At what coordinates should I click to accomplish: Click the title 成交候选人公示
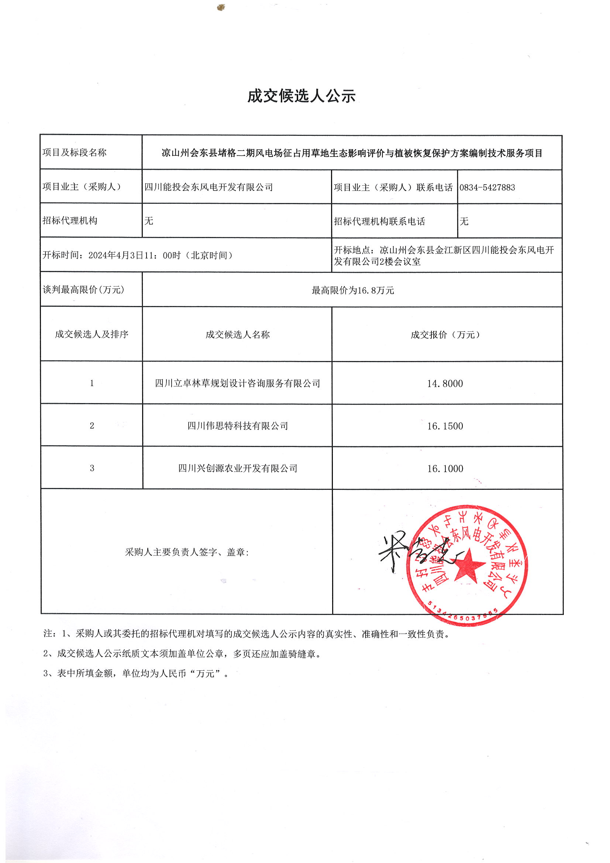click(301, 96)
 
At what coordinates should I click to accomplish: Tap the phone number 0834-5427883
click(487, 187)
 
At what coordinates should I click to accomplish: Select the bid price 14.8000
click(445, 384)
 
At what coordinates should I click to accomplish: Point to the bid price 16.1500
click(445, 426)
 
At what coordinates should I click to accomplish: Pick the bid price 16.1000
click(445, 468)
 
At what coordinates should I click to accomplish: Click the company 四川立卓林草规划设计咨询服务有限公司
click(238, 384)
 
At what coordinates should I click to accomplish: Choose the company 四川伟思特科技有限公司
click(238, 426)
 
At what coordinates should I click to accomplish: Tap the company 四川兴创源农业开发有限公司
click(238, 468)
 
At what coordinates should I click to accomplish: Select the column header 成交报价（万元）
click(445, 334)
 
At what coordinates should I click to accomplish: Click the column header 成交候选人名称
click(238, 334)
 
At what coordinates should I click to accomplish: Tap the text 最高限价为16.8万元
click(352, 290)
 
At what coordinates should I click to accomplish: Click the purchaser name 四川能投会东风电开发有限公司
click(208, 187)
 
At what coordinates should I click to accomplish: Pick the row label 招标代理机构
click(70, 221)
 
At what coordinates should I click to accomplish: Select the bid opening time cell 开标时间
click(138, 255)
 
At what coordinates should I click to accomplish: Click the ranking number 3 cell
click(92, 468)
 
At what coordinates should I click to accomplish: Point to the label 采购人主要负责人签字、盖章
click(187, 552)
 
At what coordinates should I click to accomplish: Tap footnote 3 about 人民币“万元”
click(136, 674)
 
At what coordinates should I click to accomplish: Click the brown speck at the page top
click(221, 7)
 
